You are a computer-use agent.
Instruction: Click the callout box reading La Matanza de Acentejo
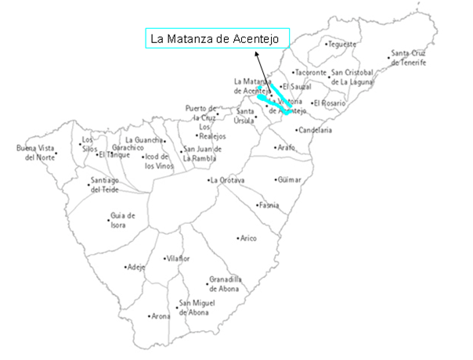218,39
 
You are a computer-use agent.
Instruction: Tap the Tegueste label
341,44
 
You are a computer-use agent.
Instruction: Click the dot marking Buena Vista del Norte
56,153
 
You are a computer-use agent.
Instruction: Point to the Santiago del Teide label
99,185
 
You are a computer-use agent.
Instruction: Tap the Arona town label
161,316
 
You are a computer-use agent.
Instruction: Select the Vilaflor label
178,257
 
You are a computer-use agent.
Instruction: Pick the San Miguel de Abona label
193,308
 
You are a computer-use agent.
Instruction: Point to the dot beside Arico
238,237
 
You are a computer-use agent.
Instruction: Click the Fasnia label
269,206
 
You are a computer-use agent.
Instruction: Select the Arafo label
286,146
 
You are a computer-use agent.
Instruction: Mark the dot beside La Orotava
208,180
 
